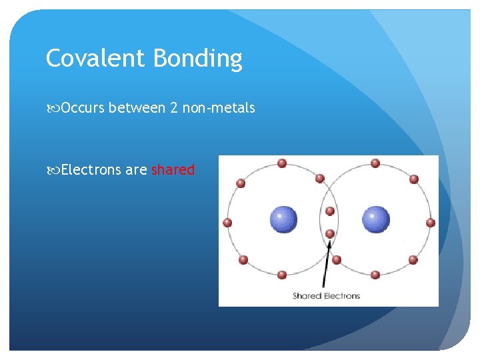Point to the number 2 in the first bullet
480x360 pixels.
tap(174, 108)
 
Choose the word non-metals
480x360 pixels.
tap(220, 108)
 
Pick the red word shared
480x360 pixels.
tap(173, 170)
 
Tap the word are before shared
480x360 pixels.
tap(136, 171)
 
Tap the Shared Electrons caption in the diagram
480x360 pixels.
tap(326, 295)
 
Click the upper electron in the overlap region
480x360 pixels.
tap(329, 211)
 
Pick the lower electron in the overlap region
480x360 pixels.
tap(329, 233)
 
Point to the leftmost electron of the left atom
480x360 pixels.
tap(227, 223)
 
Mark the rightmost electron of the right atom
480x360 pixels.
tap(431, 223)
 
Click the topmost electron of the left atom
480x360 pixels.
tap(282, 163)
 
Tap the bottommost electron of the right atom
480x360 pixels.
tap(375, 274)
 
